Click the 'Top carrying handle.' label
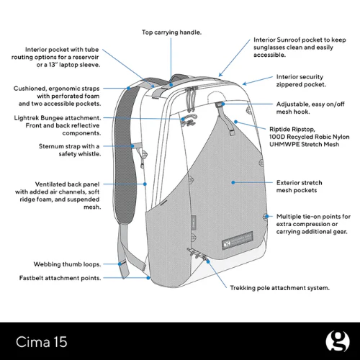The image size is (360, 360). pyautogui.click(x=171, y=32)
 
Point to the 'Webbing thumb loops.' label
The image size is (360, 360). pyautogui.click(x=67, y=264)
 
